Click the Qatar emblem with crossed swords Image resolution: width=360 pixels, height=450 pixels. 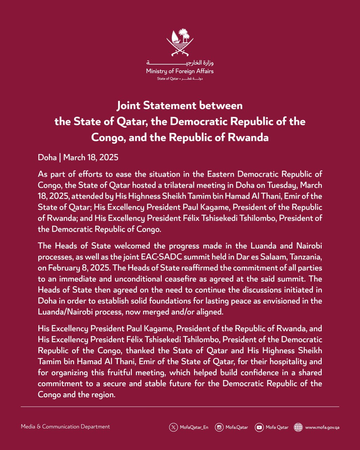180,43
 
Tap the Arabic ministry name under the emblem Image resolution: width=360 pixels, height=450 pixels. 180,63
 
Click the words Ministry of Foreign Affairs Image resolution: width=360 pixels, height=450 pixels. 180,71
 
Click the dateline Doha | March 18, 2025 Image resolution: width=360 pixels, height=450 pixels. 78,157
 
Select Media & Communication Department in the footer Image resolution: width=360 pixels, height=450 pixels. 65,427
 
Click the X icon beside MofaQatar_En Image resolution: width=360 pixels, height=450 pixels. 173,427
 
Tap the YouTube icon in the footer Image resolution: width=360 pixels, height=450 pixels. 259,427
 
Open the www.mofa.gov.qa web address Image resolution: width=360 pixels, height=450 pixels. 322,427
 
